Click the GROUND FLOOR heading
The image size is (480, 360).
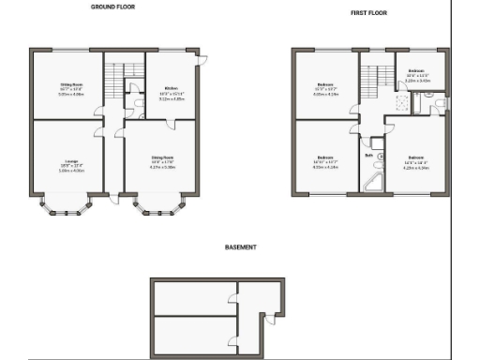[x=112, y=7]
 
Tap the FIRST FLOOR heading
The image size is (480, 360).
[x=369, y=13]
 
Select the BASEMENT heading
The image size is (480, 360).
[x=241, y=248]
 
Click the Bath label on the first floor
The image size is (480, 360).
[x=369, y=155]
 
